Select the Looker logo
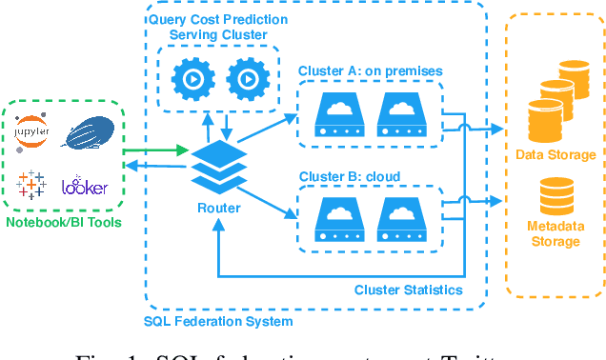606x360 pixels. [85, 186]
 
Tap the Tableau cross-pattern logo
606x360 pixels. [32, 184]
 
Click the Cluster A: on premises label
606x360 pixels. [370, 70]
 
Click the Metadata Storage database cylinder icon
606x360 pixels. [555, 196]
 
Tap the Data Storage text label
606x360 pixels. [555, 154]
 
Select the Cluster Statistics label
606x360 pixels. [409, 290]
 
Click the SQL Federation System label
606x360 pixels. [218, 321]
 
